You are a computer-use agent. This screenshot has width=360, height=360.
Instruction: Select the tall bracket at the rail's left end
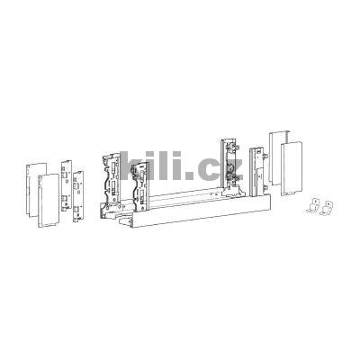pyautogui.click(x=113, y=180)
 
